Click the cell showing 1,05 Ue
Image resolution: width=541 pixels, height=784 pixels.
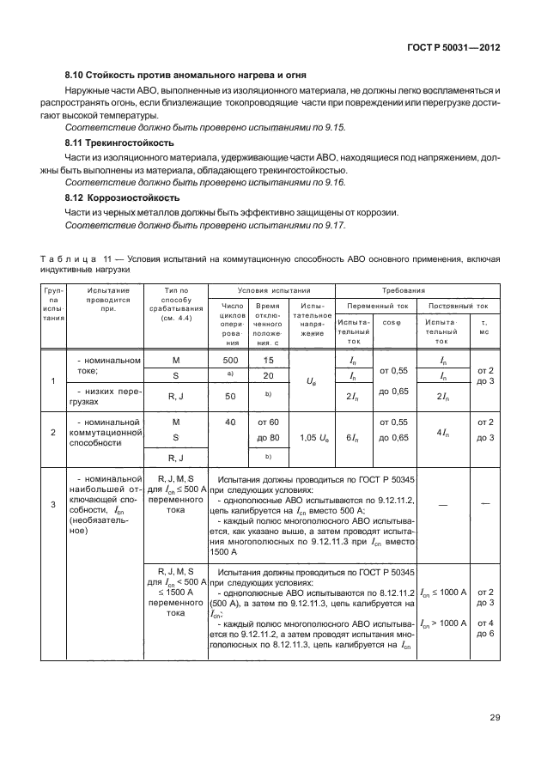pos(312,437)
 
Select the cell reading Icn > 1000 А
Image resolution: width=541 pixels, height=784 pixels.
pos(443,622)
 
